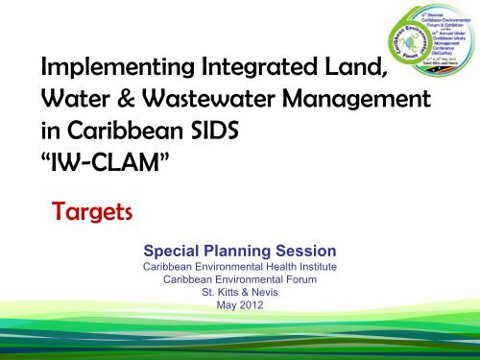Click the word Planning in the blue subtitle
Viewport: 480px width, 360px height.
point(240,248)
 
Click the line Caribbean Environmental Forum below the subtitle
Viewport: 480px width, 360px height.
point(240,279)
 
